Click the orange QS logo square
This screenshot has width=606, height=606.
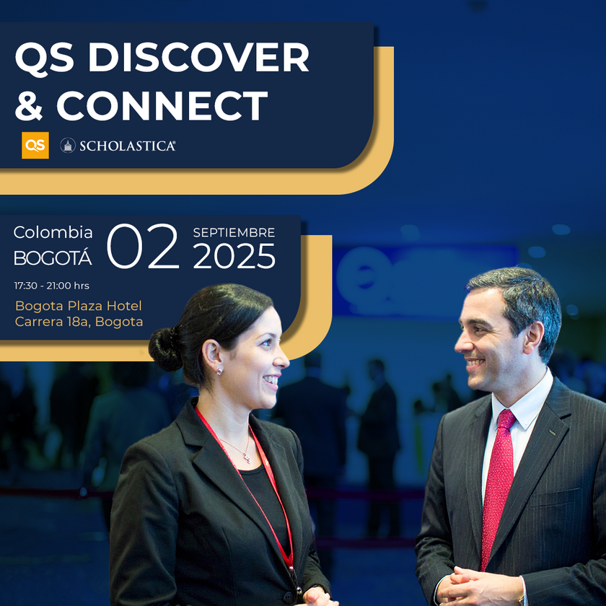(x=35, y=145)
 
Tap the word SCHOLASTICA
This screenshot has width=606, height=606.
(x=128, y=146)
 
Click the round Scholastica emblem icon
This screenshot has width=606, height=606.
(x=68, y=145)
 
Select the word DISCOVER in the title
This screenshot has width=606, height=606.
(x=198, y=57)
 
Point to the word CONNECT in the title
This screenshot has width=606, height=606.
(x=162, y=105)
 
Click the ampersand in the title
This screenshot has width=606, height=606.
(x=29, y=105)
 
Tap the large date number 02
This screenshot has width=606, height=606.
(x=143, y=246)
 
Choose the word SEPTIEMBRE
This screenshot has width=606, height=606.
(x=234, y=232)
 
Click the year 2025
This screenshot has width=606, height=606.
(x=234, y=256)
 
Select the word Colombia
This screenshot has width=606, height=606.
(x=53, y=232)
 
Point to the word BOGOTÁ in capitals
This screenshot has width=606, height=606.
(x=53, y=257)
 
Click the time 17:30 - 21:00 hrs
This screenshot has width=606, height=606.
(x=52, y=286)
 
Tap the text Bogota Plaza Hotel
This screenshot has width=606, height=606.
(x=79, y=306)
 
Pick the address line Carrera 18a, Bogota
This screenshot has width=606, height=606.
(x=79, y=322)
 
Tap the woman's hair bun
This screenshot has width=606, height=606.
(x=165, y=348)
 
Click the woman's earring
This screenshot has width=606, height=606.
(x=219, y=371)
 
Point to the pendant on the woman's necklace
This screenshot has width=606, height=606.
(x=247, y=458)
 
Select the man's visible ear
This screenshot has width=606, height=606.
(x=533, y=338)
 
